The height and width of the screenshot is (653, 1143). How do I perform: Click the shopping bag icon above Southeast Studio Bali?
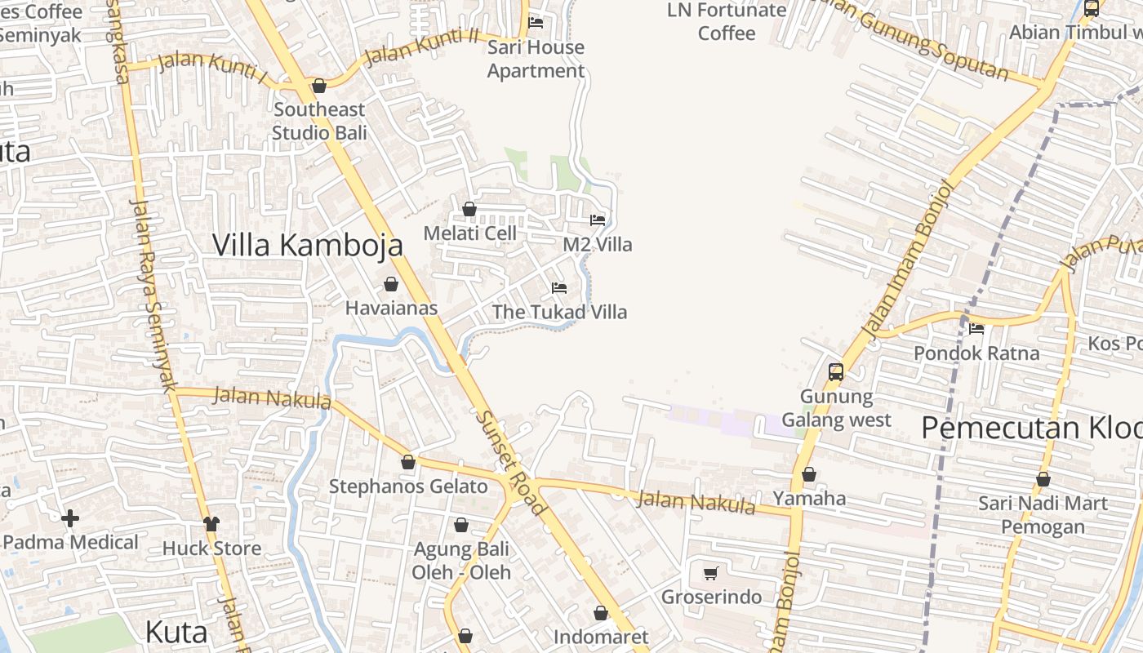click(319, 86)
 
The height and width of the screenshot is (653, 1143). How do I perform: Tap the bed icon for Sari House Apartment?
click(536, 22)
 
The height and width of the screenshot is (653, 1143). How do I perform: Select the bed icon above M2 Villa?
click(598, 220)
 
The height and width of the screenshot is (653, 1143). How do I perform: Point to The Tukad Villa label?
click(559, 312)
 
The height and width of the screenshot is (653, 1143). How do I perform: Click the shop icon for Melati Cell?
click(469, 210)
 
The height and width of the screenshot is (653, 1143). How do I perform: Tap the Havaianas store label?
click(391, 308)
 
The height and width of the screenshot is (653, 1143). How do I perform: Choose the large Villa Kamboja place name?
click(308, 245)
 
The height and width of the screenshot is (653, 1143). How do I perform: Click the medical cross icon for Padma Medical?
click(70, 518)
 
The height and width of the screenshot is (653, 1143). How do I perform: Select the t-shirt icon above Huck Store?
click(211, 524)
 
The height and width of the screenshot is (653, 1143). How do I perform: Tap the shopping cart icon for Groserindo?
click(711, 573)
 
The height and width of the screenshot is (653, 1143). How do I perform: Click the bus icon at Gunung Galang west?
click(836, 372)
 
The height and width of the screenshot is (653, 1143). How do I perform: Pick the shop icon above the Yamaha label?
click(809, 474)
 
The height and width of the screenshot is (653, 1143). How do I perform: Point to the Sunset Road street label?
click(510, 461)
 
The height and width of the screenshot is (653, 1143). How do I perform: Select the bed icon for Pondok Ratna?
click(976, 329)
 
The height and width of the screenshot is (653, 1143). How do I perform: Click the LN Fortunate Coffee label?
click(727, 21)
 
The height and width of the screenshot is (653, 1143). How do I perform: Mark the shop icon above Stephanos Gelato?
click(408, 462)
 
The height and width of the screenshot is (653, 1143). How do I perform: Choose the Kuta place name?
click(176, 632)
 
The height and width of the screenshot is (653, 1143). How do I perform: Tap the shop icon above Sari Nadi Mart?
click(1043, 479)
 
